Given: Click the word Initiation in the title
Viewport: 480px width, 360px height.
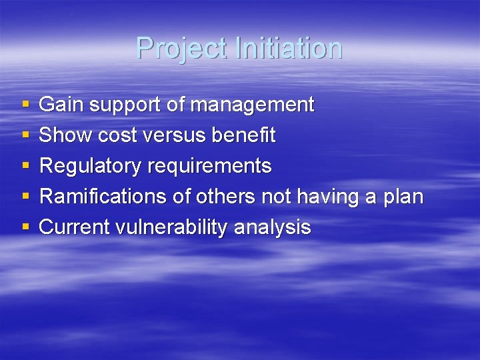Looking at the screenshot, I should [x=288, y=49].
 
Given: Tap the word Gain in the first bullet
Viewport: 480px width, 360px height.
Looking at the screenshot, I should [x=61, y=105].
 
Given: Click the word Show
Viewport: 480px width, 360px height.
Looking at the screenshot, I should [x=65, y=135].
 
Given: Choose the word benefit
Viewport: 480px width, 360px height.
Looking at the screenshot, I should [x=243, y=135].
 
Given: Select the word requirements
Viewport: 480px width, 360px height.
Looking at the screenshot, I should [x=210, y=167].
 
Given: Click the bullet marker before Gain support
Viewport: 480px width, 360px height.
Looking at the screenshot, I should [x=25, y=105].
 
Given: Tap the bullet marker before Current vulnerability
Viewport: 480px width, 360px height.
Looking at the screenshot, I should [x=25, y=228].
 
